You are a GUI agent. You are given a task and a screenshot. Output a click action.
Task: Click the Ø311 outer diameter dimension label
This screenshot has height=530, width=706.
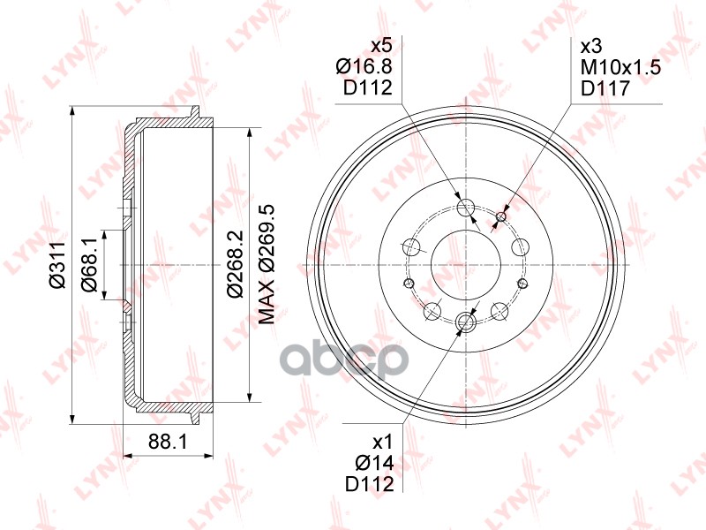tap(58, 264)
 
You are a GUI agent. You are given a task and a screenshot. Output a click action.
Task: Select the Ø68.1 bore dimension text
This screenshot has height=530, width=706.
tap(89, 264)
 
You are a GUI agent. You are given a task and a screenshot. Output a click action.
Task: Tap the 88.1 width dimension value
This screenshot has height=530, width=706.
tap(168, 441)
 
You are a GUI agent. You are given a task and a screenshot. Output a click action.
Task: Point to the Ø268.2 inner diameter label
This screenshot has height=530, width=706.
tap(236, 263)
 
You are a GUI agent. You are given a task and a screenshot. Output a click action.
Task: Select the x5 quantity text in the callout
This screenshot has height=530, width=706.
tap(381, 46)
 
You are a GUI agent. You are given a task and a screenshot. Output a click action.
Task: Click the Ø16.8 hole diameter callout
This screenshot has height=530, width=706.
tap(364, 67)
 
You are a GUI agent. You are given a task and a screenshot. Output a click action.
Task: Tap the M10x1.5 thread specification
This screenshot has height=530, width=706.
tap(621, 68)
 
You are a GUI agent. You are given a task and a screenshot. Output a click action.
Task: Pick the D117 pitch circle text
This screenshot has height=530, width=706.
tap(605, 87)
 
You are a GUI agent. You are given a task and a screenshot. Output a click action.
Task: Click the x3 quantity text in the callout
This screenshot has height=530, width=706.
tap(591, 47)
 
